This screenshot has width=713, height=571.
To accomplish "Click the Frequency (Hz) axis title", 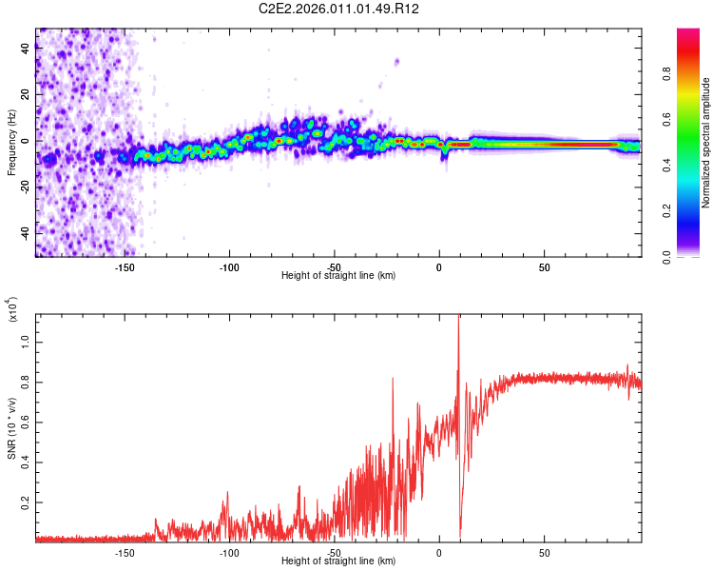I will click(x=11, y=142).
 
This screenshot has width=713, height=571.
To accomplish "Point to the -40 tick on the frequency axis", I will click(x=26, y=233).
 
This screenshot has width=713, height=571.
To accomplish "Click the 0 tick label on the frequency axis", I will click(x=26, y=141).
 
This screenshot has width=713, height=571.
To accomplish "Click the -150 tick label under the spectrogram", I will click(x=124, y=266).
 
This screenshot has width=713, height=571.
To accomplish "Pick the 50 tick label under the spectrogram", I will click(x=544, y=266).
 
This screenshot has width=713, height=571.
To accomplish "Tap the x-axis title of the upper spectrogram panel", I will click(x=338, y=276).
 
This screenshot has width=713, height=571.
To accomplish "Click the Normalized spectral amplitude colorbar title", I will click(x=706, y=143).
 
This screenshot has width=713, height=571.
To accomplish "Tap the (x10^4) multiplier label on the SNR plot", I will click(x=11, y=309).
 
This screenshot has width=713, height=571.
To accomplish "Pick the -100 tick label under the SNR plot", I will click(x=229, y=552).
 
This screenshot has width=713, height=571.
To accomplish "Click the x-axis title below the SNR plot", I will click(x=338, y=561).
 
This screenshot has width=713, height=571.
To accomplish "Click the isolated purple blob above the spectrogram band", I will click(x=396, y=62).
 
